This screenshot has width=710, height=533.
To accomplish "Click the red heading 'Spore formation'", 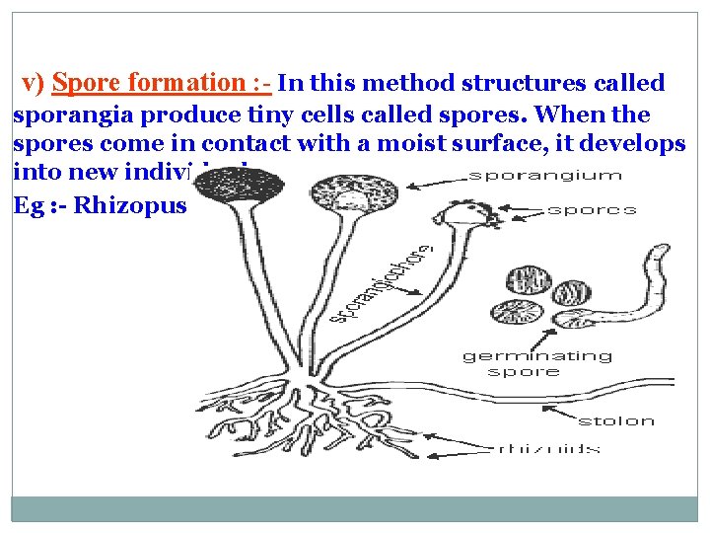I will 148,84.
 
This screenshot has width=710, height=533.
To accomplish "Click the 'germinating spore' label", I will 536,364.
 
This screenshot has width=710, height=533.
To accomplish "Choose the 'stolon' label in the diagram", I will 616,421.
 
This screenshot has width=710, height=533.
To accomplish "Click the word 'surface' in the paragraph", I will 513,144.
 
